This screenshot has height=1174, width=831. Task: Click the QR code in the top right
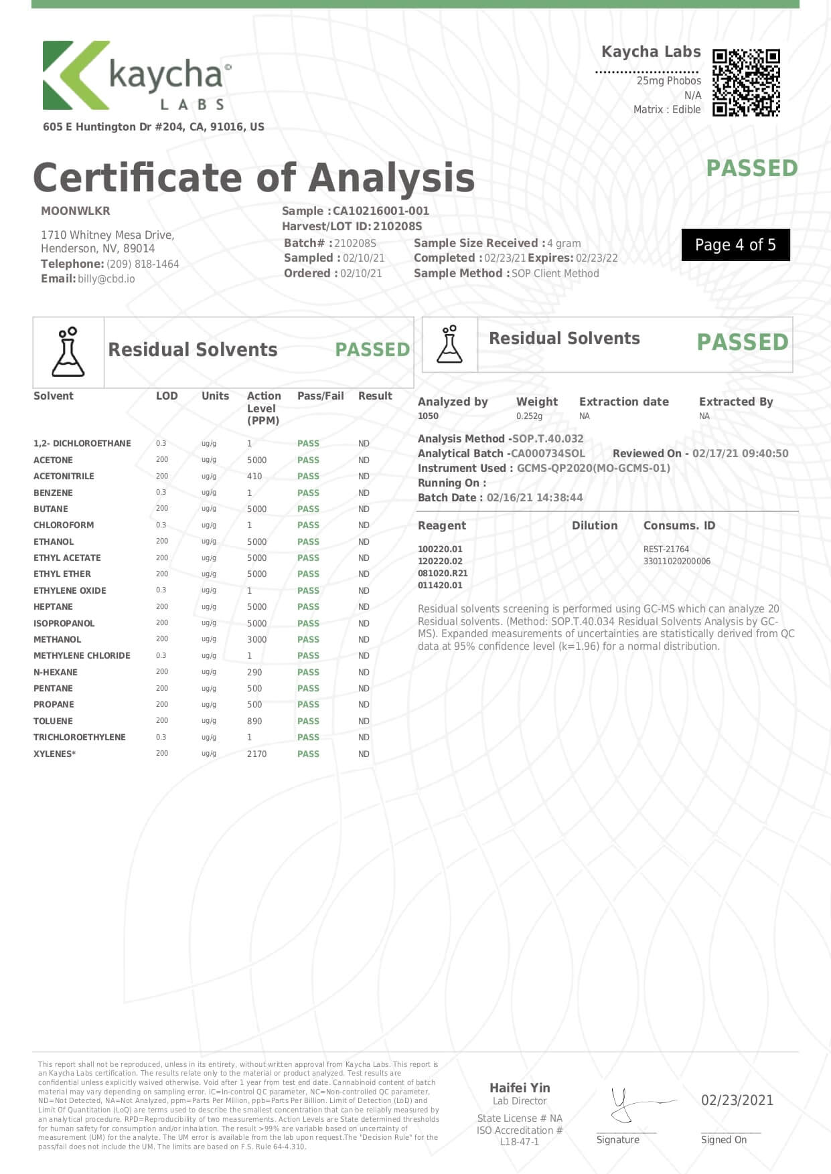746,82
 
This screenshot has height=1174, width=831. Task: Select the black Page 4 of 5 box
735,245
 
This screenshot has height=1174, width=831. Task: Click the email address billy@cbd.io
106,278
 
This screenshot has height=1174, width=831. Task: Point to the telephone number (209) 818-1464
143,264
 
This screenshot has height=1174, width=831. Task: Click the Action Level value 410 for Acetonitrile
254,476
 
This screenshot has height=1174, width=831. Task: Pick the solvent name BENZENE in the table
53,493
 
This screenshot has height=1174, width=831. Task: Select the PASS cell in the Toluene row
308,721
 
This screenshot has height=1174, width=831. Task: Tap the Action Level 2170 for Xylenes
256,754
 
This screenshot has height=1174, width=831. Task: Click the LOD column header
167,396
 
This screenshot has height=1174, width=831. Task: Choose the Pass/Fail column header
320,396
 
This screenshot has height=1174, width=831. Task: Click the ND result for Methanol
364,639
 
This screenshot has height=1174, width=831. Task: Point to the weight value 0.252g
529,416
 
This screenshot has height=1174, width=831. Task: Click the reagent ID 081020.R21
443,573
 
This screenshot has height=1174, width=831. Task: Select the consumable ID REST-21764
666,549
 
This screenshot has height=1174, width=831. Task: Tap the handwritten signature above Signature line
633,1104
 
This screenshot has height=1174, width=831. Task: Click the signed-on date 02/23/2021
737,1100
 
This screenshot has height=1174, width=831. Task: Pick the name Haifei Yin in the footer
520,1088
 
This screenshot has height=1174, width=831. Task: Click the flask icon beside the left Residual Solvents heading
68,352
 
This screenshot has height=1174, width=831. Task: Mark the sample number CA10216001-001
380,211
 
